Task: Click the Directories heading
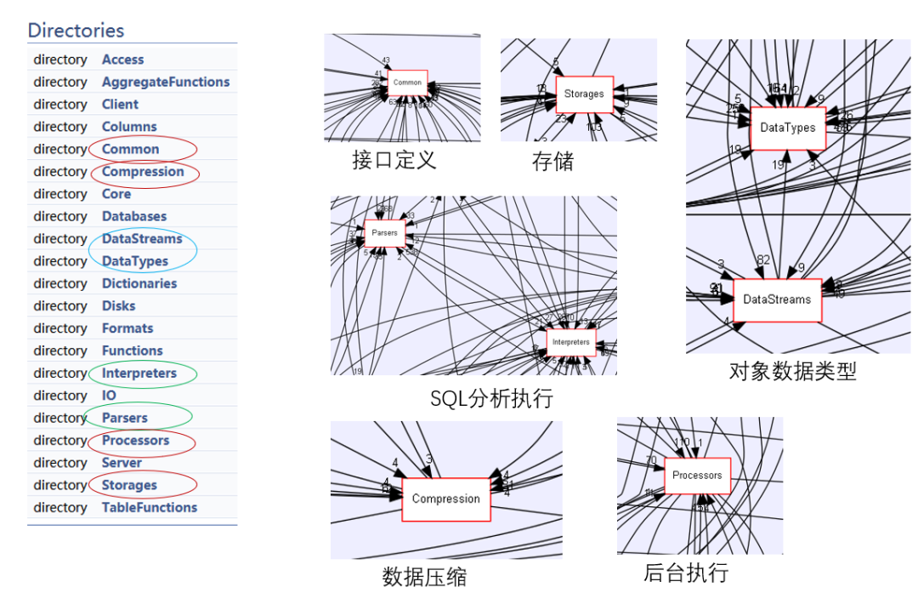point(76,31)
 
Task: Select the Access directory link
point(122,60)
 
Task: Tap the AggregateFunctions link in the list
point(165,82)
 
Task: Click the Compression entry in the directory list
point(142,172)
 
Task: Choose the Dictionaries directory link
point(139,283)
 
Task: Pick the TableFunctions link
point(149,507)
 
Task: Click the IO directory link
point(109,396)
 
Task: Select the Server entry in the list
point(122,463)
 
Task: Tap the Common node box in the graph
point(407,83)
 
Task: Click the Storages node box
point(584,94)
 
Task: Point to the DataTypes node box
point(787,128)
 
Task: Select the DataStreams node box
point(777,299)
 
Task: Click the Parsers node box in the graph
point(385,232)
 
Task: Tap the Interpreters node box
point(570,342)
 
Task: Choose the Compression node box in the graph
point(445,499)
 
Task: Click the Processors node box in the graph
point(697,476)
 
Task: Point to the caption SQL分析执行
point(491,398)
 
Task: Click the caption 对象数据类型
point(792,371)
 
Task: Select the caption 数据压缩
point(424,576)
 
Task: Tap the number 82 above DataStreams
point(763,259)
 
